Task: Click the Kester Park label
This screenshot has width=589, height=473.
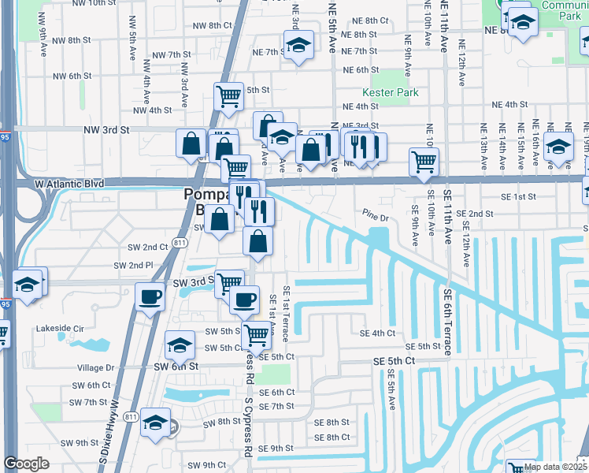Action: point(395,92)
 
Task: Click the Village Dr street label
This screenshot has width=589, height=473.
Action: point(96,367)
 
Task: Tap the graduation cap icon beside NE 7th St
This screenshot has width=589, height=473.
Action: point(298,47)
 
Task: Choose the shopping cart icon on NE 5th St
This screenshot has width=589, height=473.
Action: point(228,96)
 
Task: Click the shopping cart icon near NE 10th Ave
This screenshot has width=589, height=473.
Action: point(424,162)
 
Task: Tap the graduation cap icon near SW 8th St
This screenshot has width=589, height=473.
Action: point(156,423)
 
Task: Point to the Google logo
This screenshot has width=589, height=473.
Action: point(27,464)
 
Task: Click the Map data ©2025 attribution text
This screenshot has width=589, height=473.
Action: point(554,467)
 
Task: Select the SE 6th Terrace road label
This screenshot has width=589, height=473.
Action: point(446,322)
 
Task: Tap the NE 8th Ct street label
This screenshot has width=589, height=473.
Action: point(371,20)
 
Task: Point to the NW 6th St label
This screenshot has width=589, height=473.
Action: point(72,76)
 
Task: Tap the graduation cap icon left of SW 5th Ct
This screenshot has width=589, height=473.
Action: point(180,345)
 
